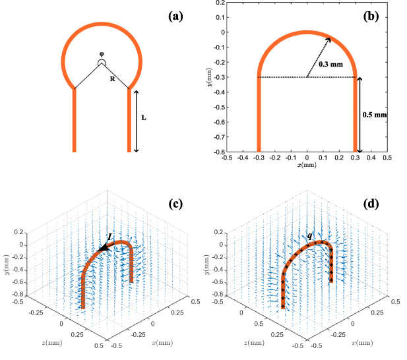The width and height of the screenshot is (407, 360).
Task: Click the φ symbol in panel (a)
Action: pyautogui.click(x=101, y=54)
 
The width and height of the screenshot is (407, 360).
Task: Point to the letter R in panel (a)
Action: pyautogui.click(x=113, y=77)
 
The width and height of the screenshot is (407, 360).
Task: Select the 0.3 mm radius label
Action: pyautogui.click(x=330, y=65)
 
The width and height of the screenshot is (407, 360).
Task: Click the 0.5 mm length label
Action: pyautogui.click(x=374, y=114)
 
